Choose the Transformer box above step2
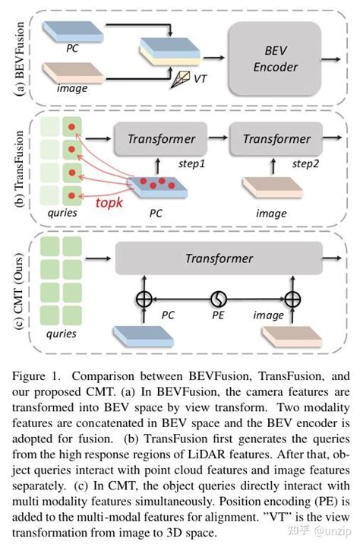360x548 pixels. click(x=272, y=139)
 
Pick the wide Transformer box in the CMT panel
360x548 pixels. click(x=219, y=258)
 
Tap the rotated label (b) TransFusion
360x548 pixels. click(x=13, y=169)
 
